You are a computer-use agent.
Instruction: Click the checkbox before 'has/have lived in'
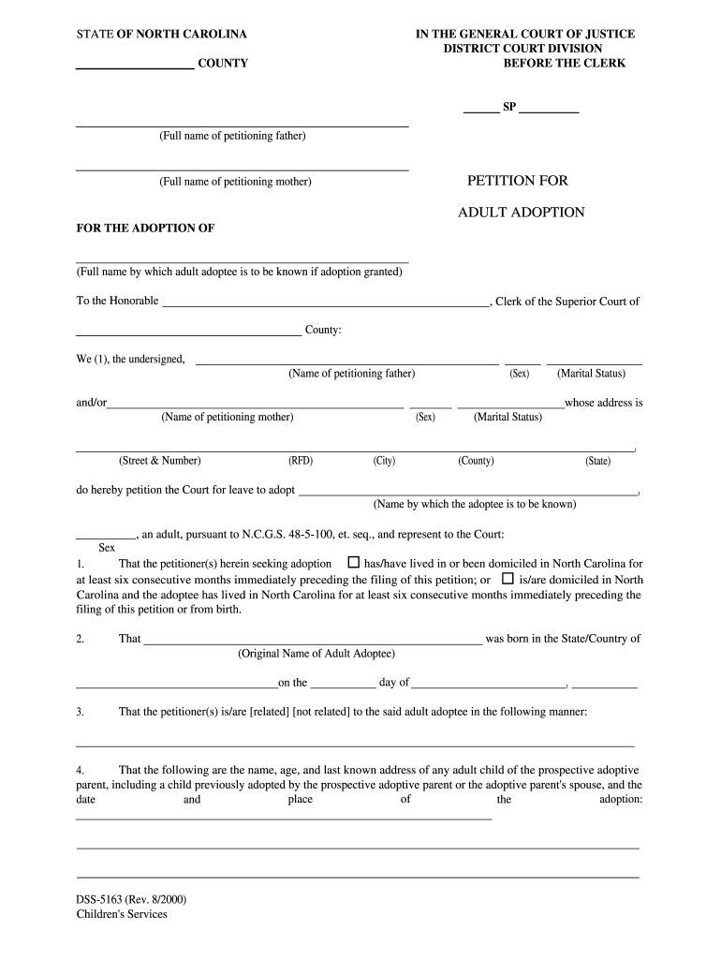[x=353, y=564]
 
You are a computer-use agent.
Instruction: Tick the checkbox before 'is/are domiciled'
[x=508, y=579]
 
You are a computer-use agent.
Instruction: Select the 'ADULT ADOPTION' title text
[x=521, y=213]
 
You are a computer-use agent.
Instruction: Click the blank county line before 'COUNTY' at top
[x=134, y=65]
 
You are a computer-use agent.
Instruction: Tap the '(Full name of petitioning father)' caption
[x=232, y=137]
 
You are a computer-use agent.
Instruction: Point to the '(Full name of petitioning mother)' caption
[x=235, y=182]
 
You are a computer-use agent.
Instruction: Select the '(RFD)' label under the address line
[x=300, y=461]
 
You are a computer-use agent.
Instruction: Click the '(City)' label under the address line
[x=384, y=461]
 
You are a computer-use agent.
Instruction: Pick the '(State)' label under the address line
[x=597, y=461]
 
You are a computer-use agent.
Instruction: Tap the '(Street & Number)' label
[x=159, y=461]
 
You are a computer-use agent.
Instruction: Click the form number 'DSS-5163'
[x=109, y=900]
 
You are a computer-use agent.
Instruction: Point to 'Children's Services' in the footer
[x=122, y=914]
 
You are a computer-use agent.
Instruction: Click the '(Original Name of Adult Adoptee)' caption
[x=316, y=654]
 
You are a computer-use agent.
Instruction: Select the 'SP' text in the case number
[x=509, y=108]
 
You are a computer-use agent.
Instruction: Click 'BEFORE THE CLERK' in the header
[x=564, y=64]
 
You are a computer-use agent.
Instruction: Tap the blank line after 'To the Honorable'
[x=325, y=302]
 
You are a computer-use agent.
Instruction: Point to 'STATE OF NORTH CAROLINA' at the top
[x=161, y=35]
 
